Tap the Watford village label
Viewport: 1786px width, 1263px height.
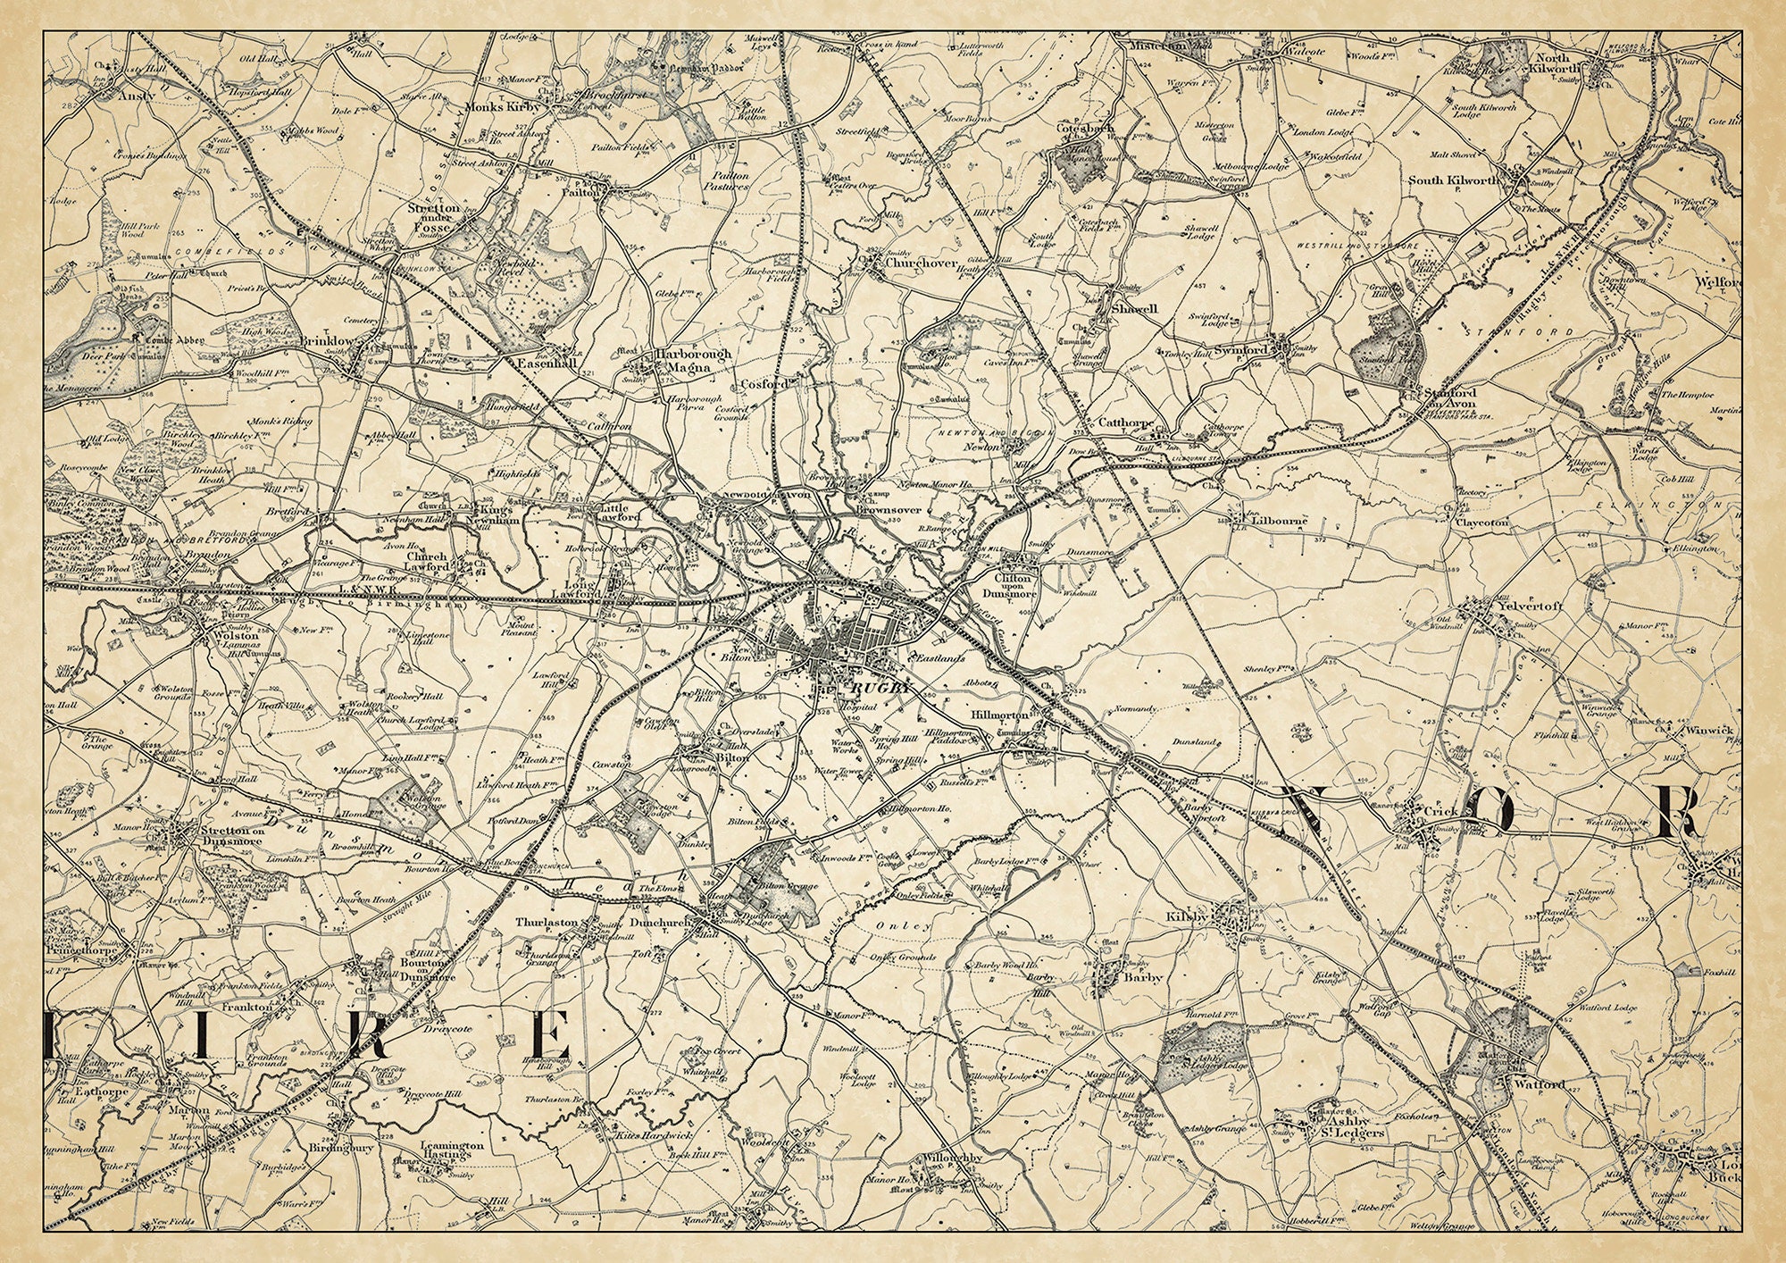click(x=1539, y=1084)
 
